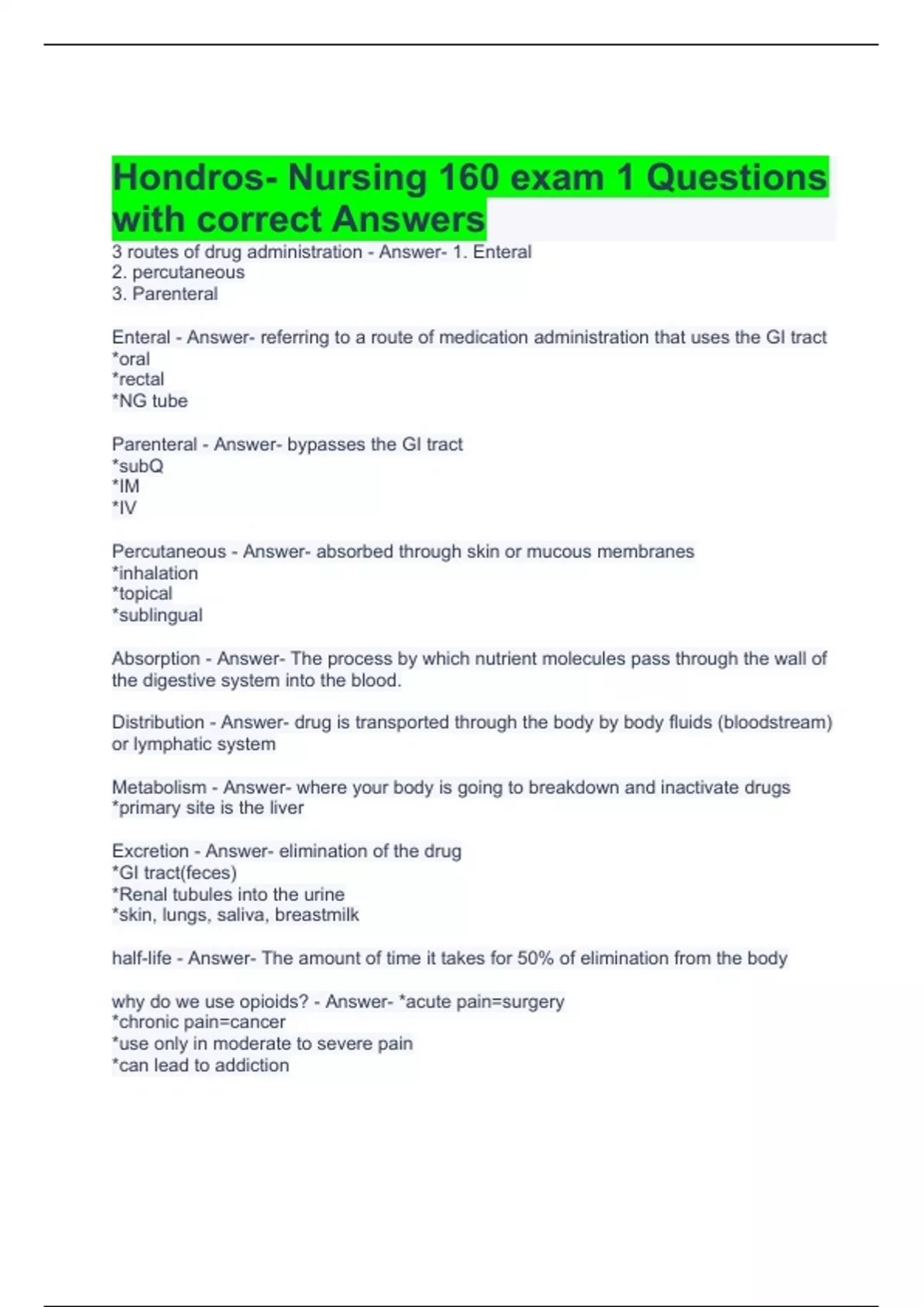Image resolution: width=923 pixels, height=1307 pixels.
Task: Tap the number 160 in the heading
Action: pos(468,178)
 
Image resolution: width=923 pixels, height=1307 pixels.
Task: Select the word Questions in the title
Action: pos(736,178)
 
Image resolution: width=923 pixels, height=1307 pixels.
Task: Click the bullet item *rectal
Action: pos(138,379)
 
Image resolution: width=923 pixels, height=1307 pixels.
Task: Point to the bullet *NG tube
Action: pos(150,401)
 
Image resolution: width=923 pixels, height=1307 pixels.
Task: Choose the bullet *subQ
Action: pos(138,466)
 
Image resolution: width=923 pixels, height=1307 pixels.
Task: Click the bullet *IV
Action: pos(125,507)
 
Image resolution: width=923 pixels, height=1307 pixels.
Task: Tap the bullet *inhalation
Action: pos(155,573)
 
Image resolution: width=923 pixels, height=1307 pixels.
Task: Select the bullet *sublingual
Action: pos(158,615)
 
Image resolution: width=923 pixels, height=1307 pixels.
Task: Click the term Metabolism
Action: pos(159,787)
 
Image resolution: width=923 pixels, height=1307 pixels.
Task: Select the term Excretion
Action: pos(150,851)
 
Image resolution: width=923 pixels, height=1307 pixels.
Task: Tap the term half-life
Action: pos(142,958)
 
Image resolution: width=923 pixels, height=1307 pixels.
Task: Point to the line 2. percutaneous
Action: pos(178,272)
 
